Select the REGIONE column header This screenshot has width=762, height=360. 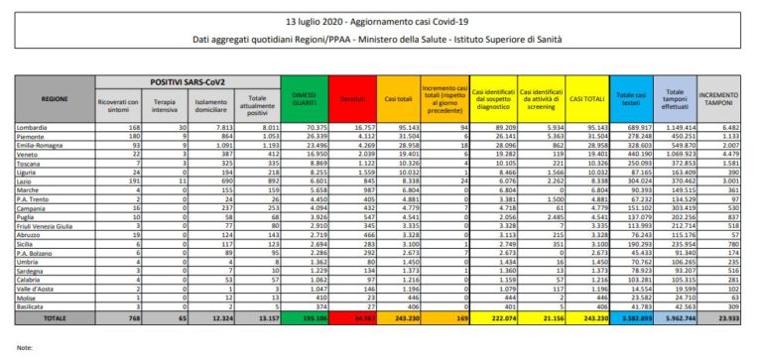[x=56, y=100]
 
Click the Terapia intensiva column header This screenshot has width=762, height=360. [x=158, y=103]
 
